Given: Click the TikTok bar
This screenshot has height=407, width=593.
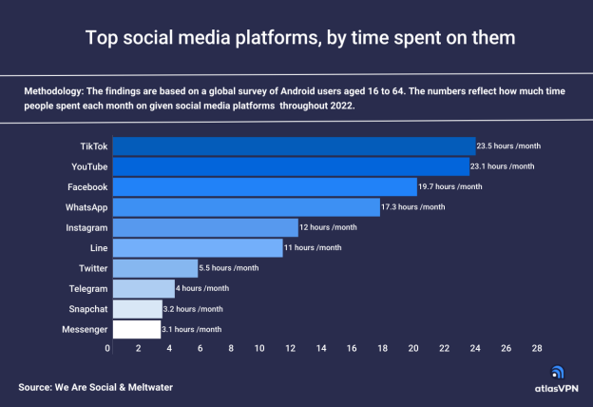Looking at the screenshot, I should (294, 145).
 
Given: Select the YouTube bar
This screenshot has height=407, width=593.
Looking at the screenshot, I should (292, 166).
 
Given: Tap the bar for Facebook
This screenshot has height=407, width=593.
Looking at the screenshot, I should (265, 186).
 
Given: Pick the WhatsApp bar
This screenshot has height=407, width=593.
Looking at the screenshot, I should (246, 206).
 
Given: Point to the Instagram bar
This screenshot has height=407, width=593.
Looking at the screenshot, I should (205, 227).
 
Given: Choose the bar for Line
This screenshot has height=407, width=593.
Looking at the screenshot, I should (198, 247).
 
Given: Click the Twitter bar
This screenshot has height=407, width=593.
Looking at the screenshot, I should (155, 268).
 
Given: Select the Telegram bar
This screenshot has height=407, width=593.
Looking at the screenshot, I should (143, 288).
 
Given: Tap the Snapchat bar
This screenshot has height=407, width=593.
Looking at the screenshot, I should (138, 309).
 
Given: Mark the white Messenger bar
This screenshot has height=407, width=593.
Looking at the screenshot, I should (137, 329).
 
